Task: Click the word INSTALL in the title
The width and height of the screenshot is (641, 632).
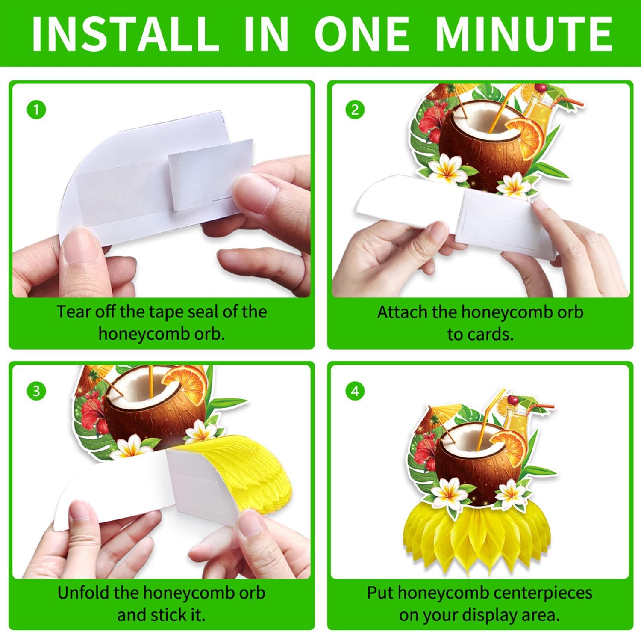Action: pos(125,34)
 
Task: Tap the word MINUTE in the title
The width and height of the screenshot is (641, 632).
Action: pos(524,34)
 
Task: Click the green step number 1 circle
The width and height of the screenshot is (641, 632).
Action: pos(36,110)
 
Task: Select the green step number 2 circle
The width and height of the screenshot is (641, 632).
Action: pos(355,110)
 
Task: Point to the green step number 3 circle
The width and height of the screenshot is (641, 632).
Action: pos(36,391)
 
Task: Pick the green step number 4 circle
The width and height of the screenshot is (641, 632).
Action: pos(355,391)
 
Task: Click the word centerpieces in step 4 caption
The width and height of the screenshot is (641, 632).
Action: pos(542,593)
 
